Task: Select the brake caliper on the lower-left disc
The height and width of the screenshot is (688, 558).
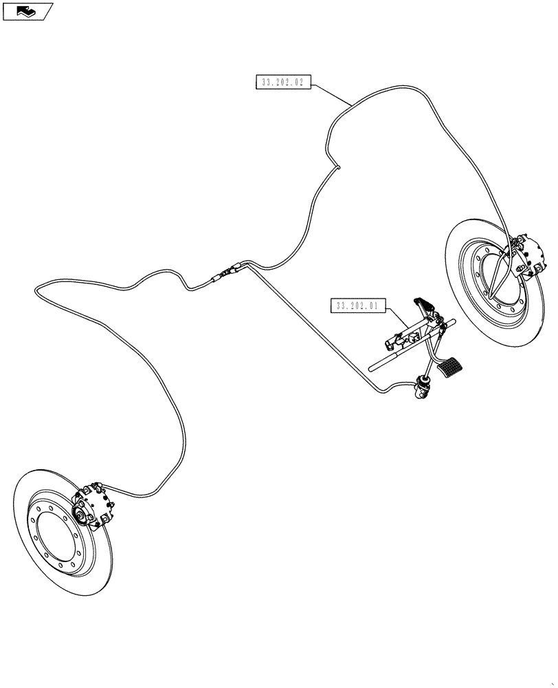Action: click(x=93, y=507)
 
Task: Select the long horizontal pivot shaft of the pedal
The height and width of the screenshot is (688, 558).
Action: click(x=405, y=347)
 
